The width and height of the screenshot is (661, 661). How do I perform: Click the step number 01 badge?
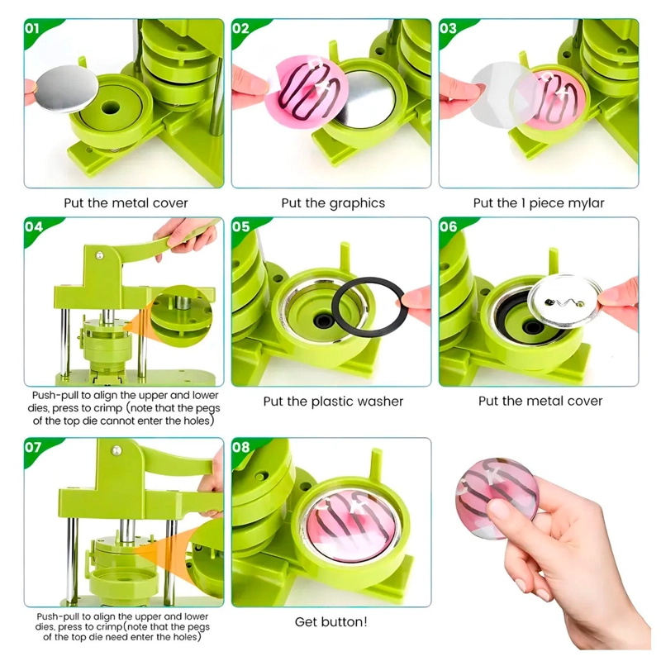pos(32,29)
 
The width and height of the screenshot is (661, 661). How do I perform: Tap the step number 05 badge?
pos(240,226)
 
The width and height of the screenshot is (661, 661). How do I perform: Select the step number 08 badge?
pos(240,447)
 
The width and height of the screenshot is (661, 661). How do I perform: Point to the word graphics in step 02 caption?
pos(357,203)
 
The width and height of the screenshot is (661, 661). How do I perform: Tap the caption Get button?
pos(331,622)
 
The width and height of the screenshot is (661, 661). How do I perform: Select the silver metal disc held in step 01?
pos(67,88)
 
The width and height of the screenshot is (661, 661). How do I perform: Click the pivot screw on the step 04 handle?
pos(99,255)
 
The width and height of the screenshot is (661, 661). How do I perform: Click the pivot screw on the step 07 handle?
pos(116,450)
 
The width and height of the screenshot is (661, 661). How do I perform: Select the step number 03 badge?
pos(448,29)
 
